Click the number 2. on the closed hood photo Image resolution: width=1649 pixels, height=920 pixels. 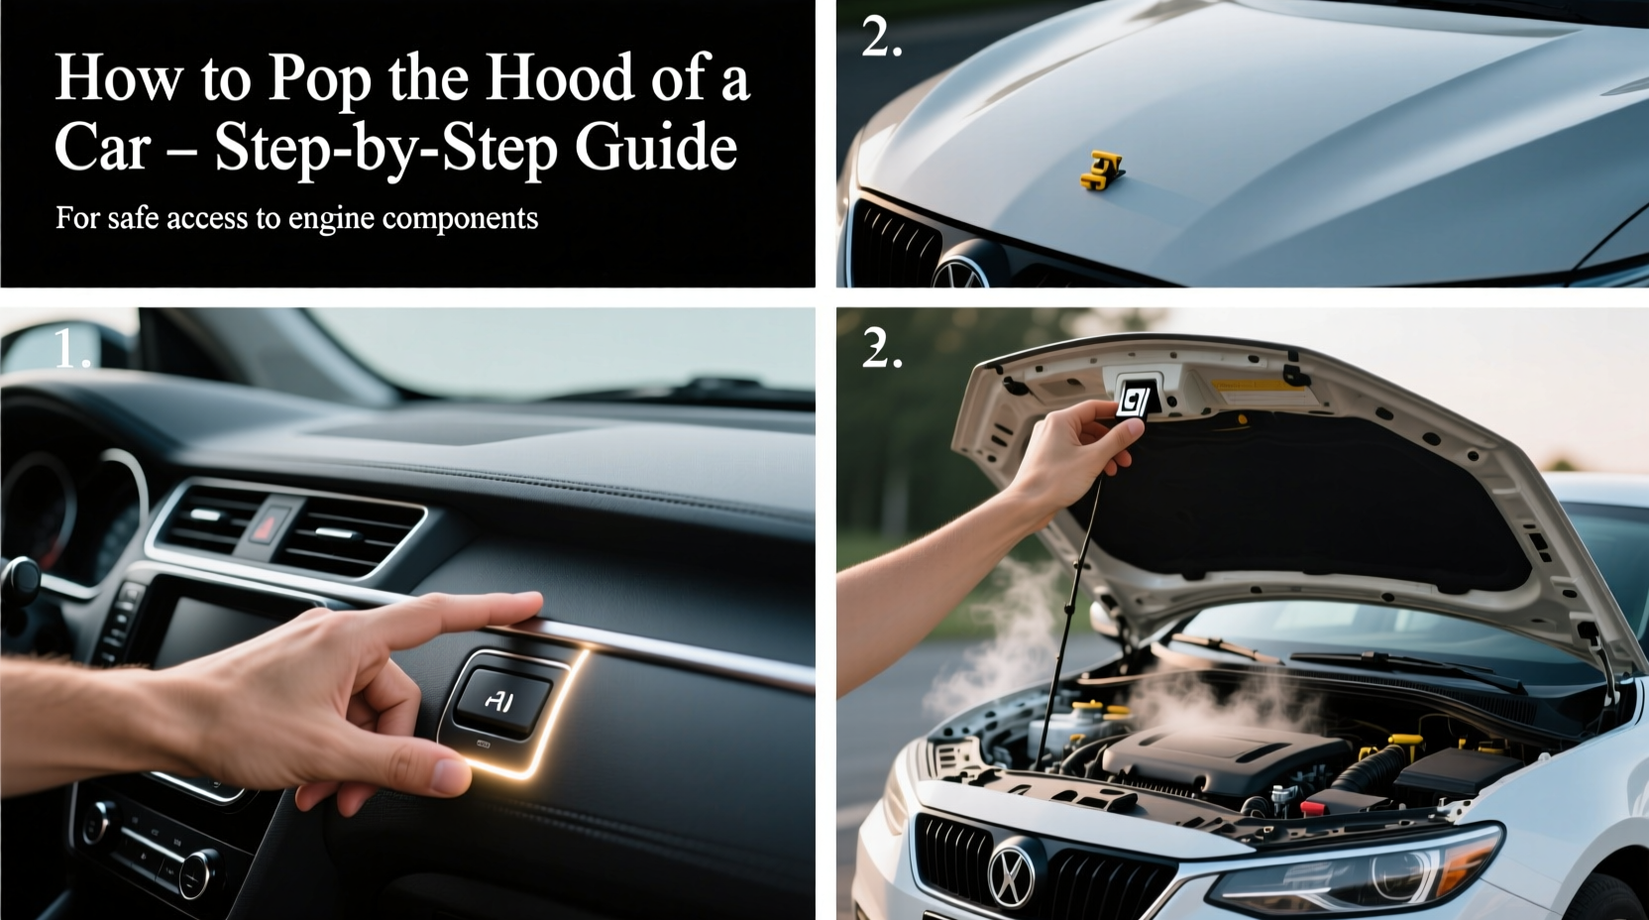(881, 37)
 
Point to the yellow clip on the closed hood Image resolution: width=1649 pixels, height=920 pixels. (1101, 171)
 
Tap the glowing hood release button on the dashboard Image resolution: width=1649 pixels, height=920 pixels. (501, 700)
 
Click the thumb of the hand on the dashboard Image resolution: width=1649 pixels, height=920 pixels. (416, 768)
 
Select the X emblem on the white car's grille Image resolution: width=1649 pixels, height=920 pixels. (1011, 873)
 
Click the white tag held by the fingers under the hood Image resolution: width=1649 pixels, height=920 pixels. (1133, 402)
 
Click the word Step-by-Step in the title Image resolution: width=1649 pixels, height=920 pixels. (385, 149)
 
